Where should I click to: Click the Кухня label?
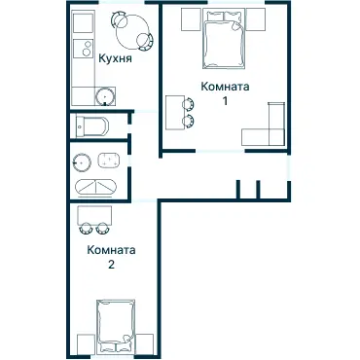click(115, 59)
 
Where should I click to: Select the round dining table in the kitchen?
click(132, 31)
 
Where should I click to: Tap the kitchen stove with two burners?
click(84, 49)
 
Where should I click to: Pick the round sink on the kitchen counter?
click(105, 96)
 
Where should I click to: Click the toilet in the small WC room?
click(91, 126)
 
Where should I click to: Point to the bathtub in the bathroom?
click(95, 188)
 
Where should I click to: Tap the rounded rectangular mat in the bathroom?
click(109, 161)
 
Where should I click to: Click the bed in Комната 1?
click(224, 39)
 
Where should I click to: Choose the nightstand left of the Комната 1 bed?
click(191, 19)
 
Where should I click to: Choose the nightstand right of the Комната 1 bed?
click(256, 19)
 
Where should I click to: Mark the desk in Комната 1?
click(175, 113)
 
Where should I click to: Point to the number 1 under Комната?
click(225, 101)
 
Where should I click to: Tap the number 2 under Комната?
click(111, 265)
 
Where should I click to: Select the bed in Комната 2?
click(116, 327)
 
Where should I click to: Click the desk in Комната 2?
click(94, 215)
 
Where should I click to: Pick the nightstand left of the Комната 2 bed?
click(87, 344)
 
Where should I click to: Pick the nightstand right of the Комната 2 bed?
click(145, 344)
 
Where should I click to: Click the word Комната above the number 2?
click(111, 251)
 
